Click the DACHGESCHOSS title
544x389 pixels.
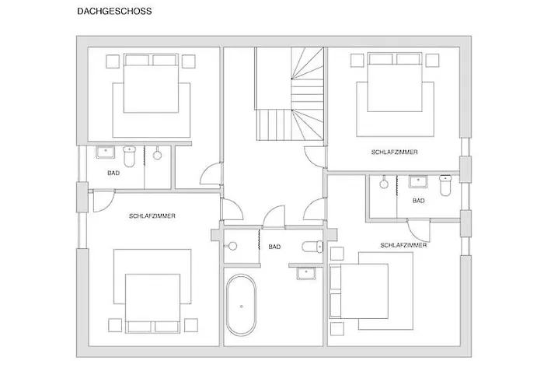click(114, 11)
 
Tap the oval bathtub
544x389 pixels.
click(241, 305)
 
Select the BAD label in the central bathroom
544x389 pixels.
click(274, 247)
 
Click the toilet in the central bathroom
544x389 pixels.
click(312, 247)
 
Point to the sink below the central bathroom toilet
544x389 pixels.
click(306, 273)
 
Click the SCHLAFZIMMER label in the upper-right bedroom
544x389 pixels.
click(395, 152)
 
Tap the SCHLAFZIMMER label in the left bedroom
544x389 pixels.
click(152, 216)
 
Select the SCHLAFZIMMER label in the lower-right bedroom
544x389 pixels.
click(403, 245)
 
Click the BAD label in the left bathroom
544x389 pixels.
click(113, 173)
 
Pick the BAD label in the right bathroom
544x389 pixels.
click(419, 201)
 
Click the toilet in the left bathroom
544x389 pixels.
click(130, 156)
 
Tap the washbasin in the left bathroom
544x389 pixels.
click(105, 152)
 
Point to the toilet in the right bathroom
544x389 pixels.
click(445, 185)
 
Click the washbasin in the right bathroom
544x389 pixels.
click(418, 181)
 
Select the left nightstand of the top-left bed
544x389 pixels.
click(113, 61)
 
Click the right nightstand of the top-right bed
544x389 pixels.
click(432, 60)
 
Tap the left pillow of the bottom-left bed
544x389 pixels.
click(139, 327)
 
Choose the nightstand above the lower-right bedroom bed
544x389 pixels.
click(337, 254)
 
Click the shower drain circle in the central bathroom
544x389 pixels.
click(232, 247)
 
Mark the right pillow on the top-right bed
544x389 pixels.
click(408, 59)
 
